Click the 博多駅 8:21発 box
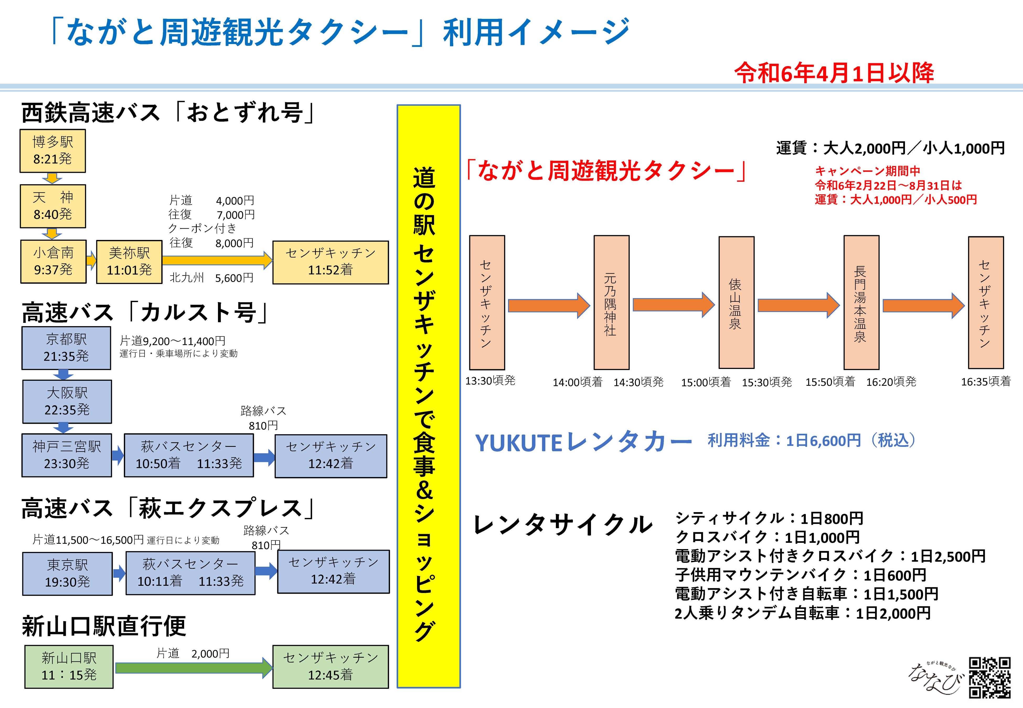coord(52,151)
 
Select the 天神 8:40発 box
coord(53,206)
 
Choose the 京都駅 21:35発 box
coord(66,348)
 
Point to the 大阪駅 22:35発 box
coord(67,401)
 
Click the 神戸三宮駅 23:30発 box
coord(67,455)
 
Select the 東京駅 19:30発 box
coord(67,573)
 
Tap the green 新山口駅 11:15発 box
coord(69,667)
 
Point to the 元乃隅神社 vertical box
coord(611,303)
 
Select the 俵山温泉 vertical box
coord(736,303)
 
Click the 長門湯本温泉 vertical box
coord(861,303)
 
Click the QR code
coord(990,677)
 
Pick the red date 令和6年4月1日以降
coord(834,73)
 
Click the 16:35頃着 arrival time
coord(985,382)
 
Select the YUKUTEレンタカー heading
coord(583,442)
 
